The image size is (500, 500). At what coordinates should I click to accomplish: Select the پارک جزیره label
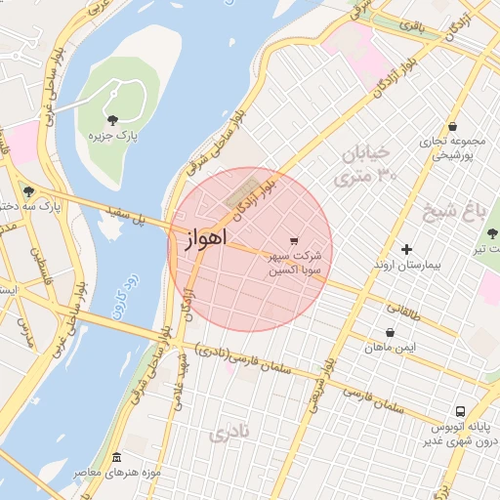[115, 137]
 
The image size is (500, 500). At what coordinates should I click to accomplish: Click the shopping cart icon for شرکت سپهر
[294, 240]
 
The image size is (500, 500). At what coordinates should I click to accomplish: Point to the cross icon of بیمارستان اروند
[407, 249]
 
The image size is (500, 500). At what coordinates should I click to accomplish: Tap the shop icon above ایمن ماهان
[391, 333]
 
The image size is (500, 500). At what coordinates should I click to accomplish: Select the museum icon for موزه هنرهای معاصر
[117, 458]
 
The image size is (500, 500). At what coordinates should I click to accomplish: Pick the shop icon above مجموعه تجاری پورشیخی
[453, 126]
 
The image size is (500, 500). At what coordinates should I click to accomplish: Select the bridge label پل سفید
[126, 216]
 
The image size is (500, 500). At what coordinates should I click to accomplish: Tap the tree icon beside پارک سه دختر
[28, 191]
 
